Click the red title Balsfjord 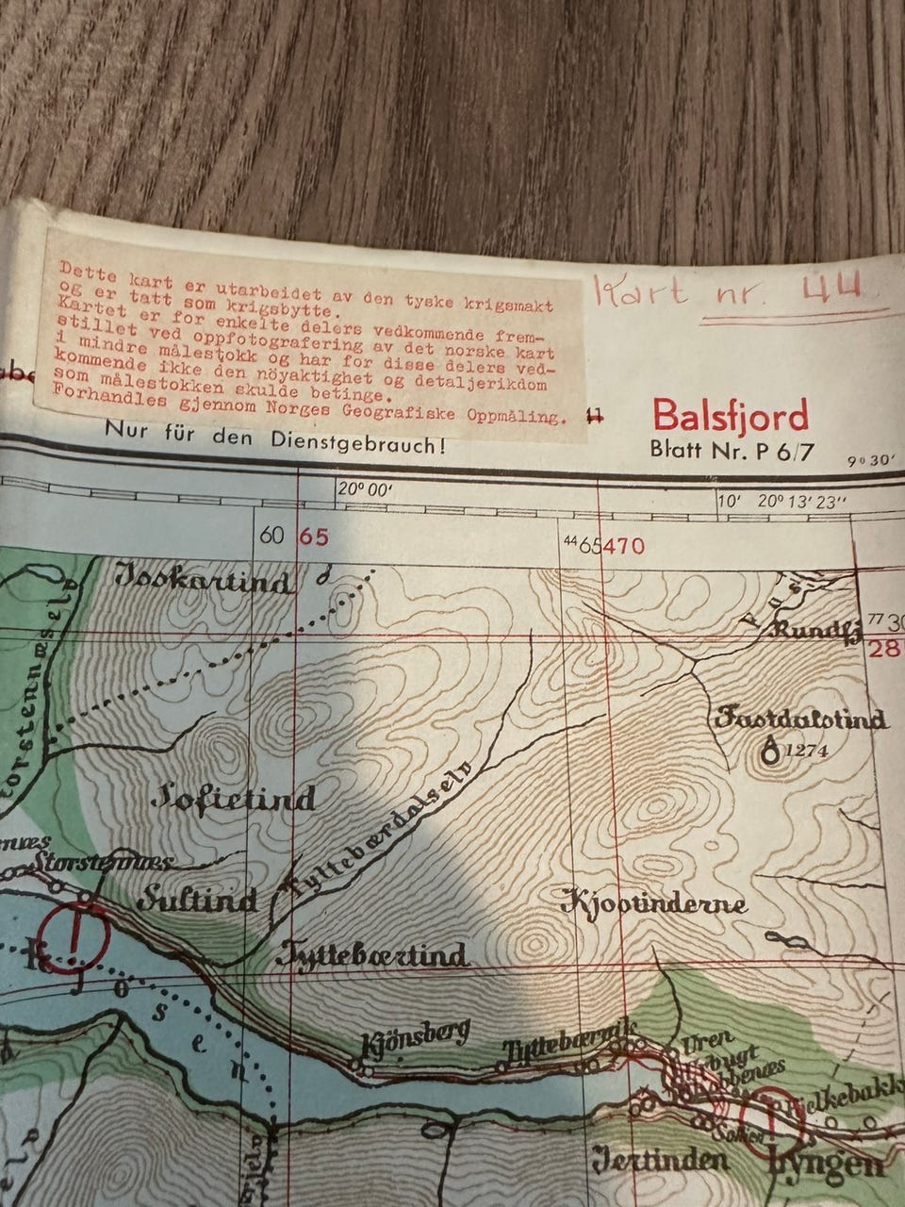click(731, 416)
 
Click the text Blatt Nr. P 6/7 click(731, 450)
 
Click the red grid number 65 click(313, 537)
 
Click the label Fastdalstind click(800, 719)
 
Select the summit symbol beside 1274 click(771, 751)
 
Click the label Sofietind click(234, 800)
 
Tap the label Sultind click(197, 901)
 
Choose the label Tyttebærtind click(372, 956)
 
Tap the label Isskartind click(204, 580)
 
